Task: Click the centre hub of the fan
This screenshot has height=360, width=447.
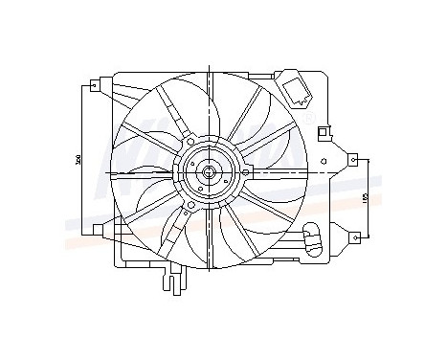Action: click(x=208, y=172)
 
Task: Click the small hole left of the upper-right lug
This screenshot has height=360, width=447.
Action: click(x=328, y=161)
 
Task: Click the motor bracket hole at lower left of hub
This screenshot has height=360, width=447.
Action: click(x=190, y=203)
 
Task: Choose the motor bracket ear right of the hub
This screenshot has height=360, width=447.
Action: click(x=244, y=172)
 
